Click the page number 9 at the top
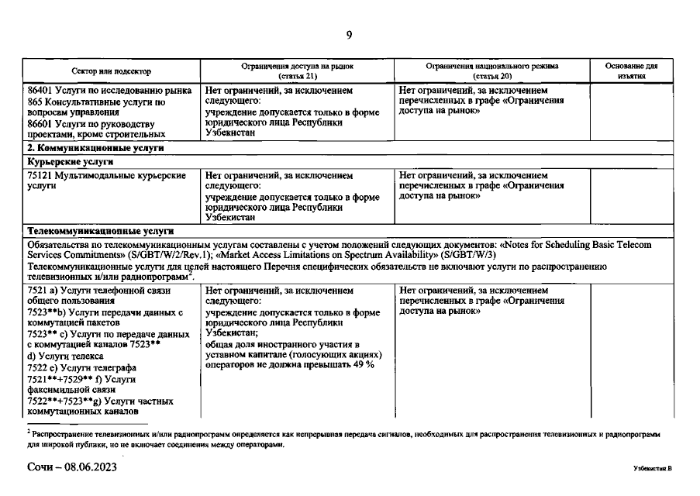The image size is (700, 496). [x=349, y=34]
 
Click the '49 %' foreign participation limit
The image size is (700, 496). [x=363, y=364]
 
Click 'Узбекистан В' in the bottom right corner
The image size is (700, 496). [x=651, y=470]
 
